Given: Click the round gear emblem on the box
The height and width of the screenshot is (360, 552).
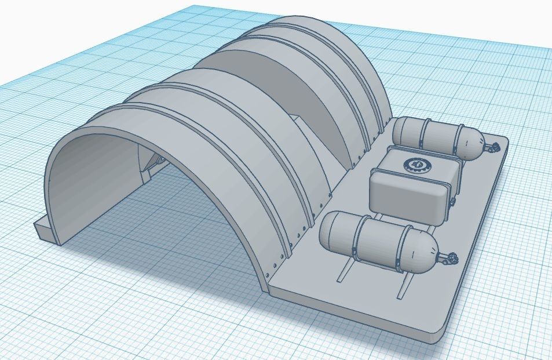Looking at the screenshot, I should [415, 166].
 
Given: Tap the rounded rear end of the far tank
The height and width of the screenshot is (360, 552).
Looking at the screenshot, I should [399, 131].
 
